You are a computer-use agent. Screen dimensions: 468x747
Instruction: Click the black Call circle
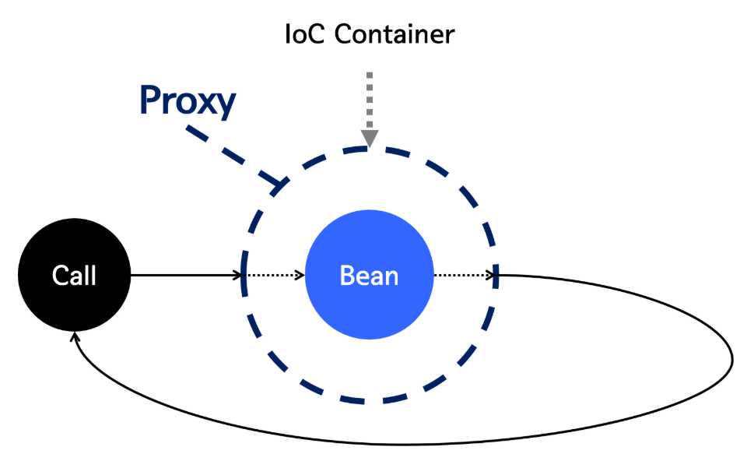click(75, 275)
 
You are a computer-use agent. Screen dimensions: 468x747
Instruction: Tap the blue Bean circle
click(369, 275)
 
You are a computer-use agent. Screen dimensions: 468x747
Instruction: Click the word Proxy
click(188, 101)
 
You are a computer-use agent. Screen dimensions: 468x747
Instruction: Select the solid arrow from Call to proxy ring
click(187, 275)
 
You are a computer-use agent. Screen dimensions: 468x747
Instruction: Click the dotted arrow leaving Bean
click(464, 275)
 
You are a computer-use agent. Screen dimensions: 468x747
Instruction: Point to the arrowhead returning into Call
click(75, 337)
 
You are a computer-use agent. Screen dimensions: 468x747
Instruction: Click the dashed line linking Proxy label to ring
click(226, 152)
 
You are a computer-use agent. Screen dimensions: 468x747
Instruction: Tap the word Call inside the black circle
click(75, 275)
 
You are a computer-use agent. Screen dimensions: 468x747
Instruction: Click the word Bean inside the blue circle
click(369, 276)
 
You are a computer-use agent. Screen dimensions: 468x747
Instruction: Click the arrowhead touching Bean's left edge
click(300, 275)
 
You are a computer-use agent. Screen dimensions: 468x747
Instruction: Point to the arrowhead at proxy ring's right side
click(492, 275)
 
